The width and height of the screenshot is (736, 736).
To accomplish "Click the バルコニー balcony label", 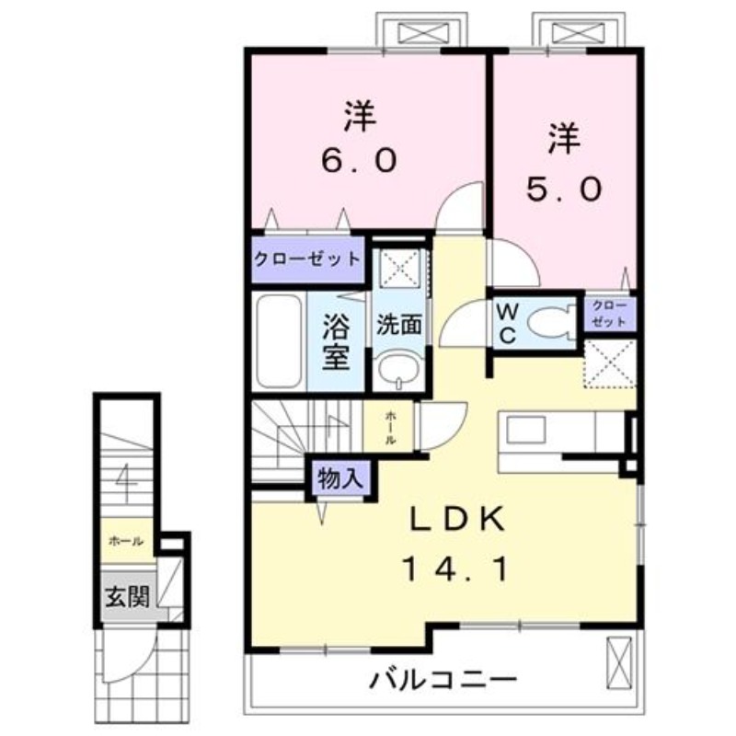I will (x=443, y=682).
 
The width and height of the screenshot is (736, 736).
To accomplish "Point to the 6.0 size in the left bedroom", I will (x=359, y=161).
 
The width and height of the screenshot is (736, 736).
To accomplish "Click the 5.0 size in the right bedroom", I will (x=564, y=190).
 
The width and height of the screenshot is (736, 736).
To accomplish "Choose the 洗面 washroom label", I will (x=398, y=324).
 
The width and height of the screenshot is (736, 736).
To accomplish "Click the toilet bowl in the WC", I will (x=550, y=324).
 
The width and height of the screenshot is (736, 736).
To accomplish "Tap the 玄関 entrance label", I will (x=126, y=597).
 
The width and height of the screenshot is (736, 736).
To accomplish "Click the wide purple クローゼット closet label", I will (x=307, y=258).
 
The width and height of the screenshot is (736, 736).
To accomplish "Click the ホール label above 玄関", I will (x=125, y=542).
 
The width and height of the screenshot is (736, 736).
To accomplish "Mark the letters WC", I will (x=507, y=323).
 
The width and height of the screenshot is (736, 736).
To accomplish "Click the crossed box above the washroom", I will (x=399, y=268).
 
